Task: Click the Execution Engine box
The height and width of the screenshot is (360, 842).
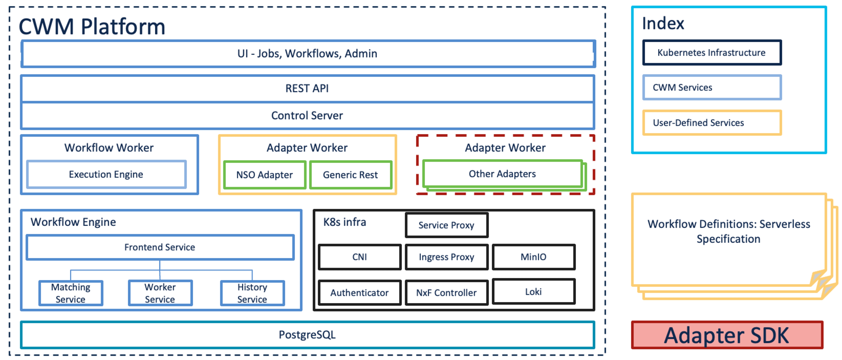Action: pyautogui.click(x=106, y=174)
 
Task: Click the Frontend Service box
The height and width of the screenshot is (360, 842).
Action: pyautogui.click(x=160, y=247)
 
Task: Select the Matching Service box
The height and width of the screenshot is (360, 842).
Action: pyautogui.click(x=71, y=293)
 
